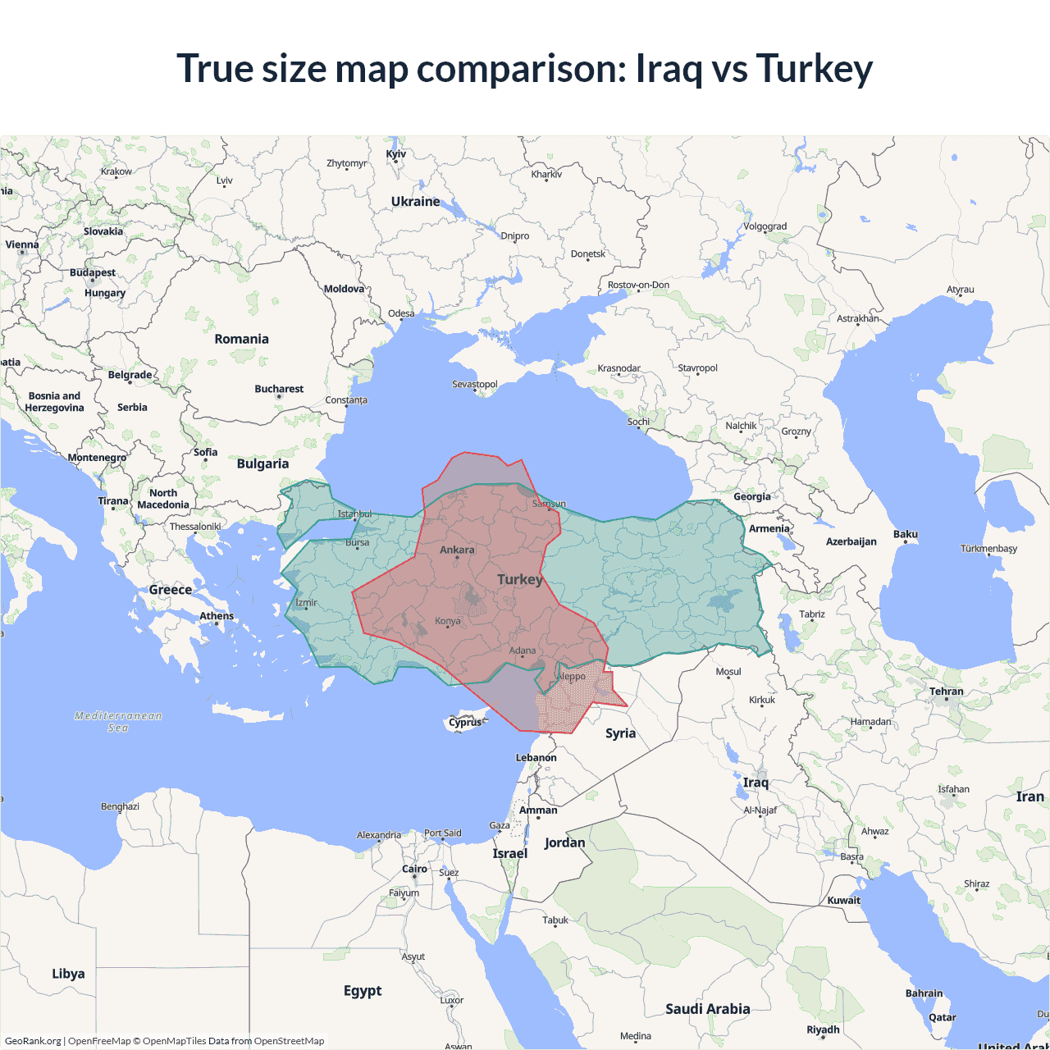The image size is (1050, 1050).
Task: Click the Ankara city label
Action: tap(457, 550)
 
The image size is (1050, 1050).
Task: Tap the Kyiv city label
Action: tap(396, 154)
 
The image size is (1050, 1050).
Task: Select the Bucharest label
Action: tap(279, 389)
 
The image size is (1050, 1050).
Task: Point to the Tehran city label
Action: tap(947, 692)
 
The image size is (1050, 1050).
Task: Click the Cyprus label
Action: tap(465, 723)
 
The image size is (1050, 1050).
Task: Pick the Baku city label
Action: tap(906, 534)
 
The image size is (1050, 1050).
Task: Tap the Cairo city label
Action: tap(414, 869)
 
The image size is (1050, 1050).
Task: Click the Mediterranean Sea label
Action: tap(118, 721)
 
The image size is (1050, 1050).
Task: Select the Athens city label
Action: tap(217, 616)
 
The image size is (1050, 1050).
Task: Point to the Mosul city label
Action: tap(728, 672)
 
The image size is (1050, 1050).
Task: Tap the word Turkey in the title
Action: tap(814, 68)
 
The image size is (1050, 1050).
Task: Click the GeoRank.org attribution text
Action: tap(33, 1041)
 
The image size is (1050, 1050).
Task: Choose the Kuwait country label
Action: tap(844, 900)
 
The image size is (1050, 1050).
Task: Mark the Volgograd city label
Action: tap(765, 226)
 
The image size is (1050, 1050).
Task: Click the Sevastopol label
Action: tap(475, 384)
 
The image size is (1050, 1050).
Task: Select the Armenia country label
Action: tap(769, 528)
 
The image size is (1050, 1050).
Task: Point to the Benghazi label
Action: tap(120, 806)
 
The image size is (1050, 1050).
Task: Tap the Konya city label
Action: tap(448, 621)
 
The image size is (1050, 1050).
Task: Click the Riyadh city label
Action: tap(823, 1029)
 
